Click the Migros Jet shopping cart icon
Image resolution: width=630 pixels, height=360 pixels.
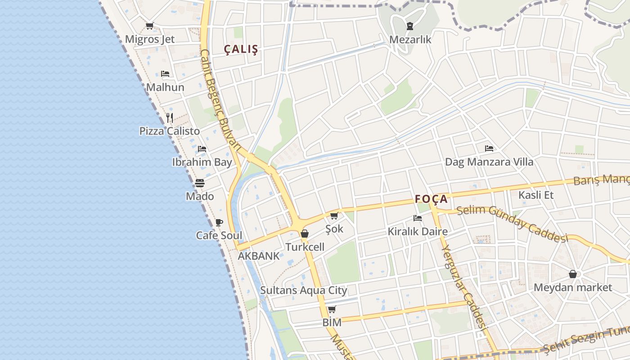(x=150, y=26)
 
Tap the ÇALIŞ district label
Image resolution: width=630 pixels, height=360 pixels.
(x=242, y=49)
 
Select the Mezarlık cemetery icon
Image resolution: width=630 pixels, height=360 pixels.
(x=410, y=26)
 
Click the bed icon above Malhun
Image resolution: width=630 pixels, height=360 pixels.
(x=165, y=74)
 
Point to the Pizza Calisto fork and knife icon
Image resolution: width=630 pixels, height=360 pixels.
(x=170, y=118)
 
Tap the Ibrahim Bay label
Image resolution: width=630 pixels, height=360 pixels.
(x=202, y=162)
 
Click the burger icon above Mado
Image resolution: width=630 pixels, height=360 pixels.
(x=200, y=183)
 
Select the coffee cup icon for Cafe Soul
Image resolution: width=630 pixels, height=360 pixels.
(x=219, y=222)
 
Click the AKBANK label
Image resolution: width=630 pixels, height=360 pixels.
(x=258, y=256)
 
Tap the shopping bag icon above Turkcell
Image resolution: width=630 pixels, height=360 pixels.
(x=305, y=234)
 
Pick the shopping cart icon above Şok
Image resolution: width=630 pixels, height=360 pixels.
(x=334, y=216)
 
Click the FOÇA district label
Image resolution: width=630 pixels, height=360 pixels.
(x=431, y=199)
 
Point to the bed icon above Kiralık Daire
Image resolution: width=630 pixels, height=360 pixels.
(x=418, y=219)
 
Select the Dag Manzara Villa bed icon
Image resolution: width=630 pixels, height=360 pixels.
(x=489, y=148)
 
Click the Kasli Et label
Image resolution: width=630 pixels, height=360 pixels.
(x=536, y=195)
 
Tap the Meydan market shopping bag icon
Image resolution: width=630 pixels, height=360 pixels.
(x=573, y=274)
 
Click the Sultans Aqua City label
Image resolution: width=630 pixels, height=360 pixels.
(x=304, y=290)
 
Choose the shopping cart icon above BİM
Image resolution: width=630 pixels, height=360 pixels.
(x=332, y=310)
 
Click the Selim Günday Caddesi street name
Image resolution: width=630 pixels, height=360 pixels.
(x=513, y=224)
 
